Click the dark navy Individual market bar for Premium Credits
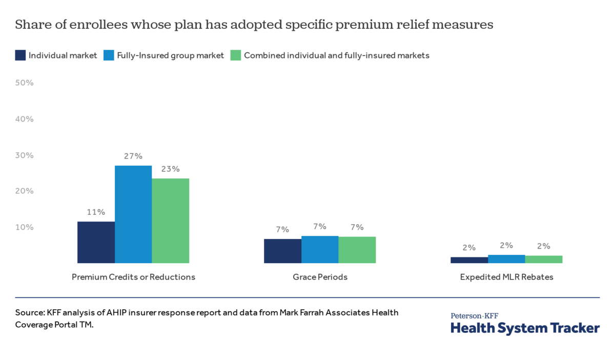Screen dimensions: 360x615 [x=96, y=242]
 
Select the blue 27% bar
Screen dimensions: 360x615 [x=133, y=214]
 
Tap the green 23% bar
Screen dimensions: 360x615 [x=170, y=221]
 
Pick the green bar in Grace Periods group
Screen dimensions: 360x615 [x=357, y=250]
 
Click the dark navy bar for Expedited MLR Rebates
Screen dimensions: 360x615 [x=469, y=260]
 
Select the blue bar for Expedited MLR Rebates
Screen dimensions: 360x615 [x=506, y=259]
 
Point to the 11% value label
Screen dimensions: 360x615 [x=96, y=212]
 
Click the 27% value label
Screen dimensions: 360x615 [x=133, y=156]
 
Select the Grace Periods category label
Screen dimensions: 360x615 [x=320, y=277]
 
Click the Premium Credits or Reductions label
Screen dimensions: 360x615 [x=133, y=277]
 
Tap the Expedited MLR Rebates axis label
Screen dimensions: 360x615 [x=506, y=277]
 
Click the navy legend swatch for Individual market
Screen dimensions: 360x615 [x=20, y=55]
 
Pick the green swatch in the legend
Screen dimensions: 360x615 [x=235, y=55]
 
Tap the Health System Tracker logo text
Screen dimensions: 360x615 [x=525, y=328]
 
